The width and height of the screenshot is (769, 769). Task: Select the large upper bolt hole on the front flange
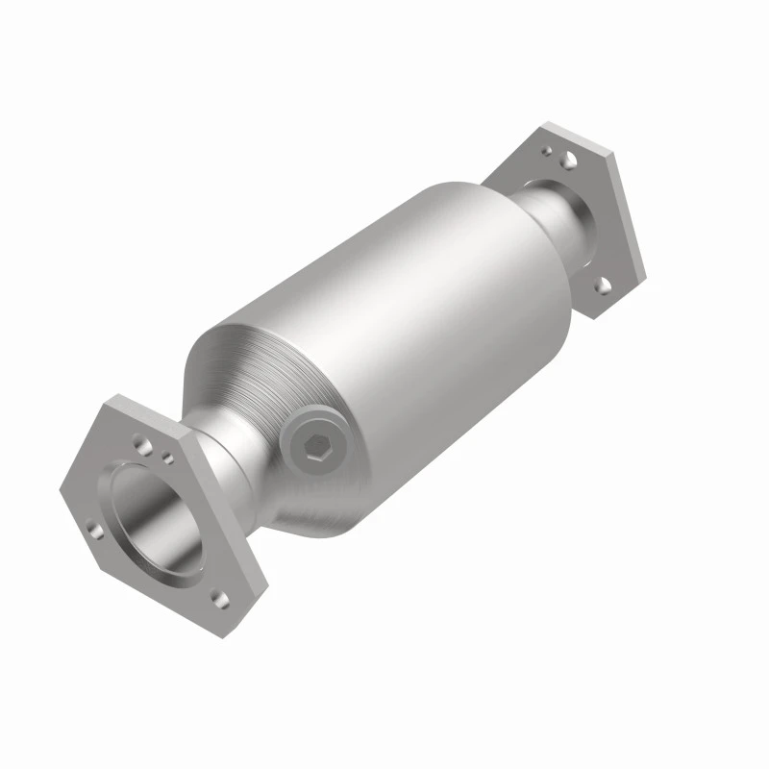click(142, 444)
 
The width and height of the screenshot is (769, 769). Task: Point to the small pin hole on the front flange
click(167, 459)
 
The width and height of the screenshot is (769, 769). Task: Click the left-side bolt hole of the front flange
click(93, 528)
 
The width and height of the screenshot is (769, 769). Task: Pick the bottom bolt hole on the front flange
click(221, 598)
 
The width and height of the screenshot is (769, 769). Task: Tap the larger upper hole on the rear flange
click(569, 157)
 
